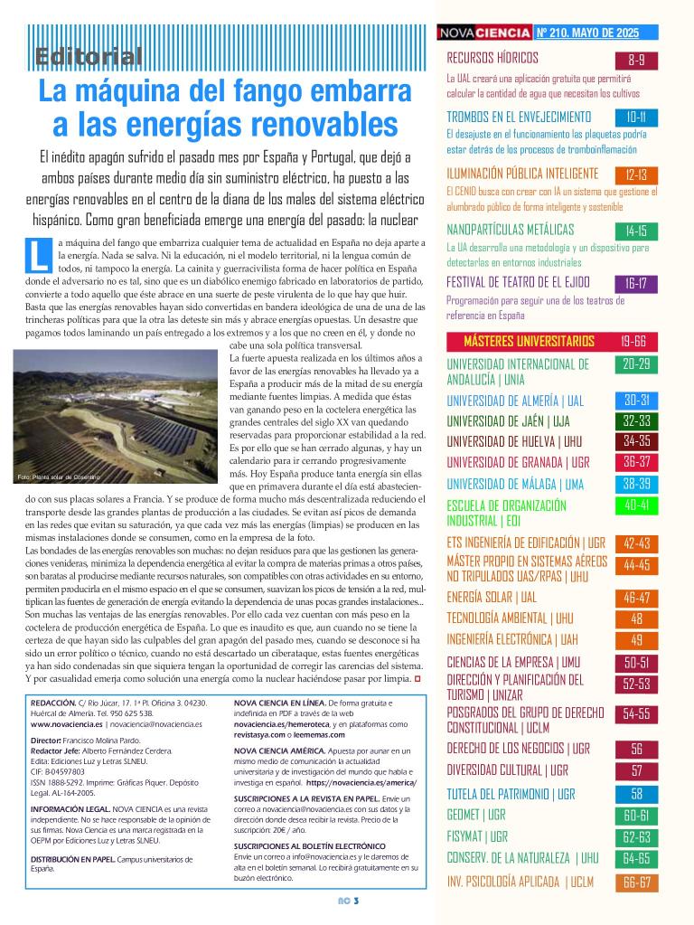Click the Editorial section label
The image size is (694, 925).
[x=89, y=56]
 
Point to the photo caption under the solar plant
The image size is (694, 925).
[x=59, y=477]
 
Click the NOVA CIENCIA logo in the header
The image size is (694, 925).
[x=484, y=33]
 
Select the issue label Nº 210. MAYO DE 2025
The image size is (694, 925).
[x=587, y=33]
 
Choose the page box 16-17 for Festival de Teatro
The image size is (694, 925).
[x=636, y=283]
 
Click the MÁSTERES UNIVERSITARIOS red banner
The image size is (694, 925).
[x=529, y=341]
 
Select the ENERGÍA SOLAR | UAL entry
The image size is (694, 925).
[x=492, y=598]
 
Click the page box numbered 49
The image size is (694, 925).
[x=636, y=640]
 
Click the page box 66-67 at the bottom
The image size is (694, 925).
[x=636, y=882]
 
